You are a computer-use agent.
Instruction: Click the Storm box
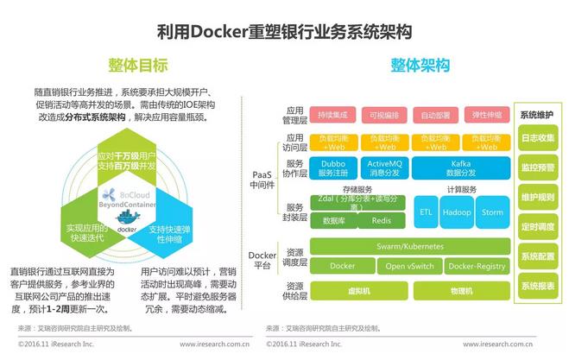(492, 212)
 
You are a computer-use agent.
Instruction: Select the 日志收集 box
(538, 138)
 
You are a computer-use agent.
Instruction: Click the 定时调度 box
(538, 227)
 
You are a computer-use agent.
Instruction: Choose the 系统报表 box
(538, 285)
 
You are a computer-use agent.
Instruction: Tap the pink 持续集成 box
(332, 114)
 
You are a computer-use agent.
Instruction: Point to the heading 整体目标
(138, 66)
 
